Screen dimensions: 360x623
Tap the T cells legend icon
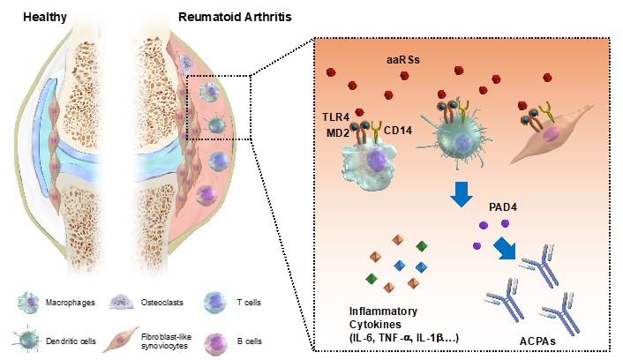(x=214, y=303)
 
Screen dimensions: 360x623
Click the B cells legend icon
(x=214, y=338)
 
